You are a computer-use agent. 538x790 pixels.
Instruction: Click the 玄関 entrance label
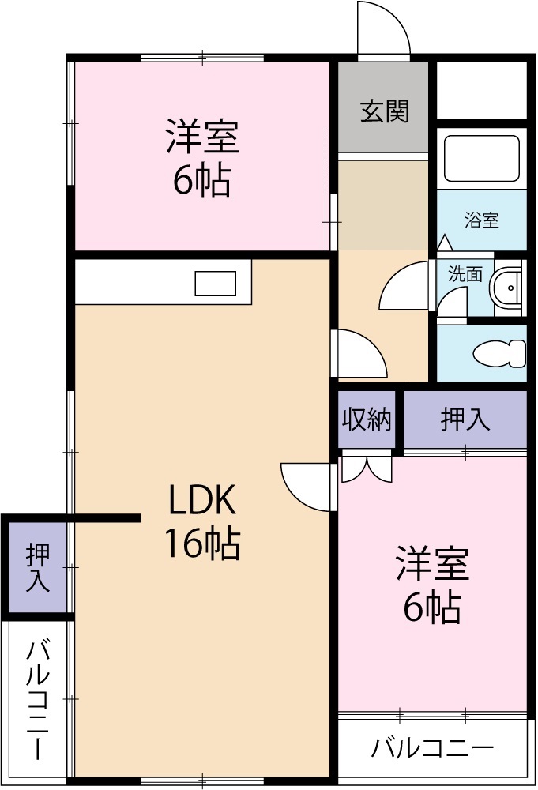coord(385,111)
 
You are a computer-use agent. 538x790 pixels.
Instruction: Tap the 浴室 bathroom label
coord(481,220)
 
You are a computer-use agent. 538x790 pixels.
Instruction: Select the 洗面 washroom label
coord(465,274)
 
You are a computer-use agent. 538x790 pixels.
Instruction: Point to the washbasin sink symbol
coord(506,288)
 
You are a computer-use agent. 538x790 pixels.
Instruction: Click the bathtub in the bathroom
coord(480,158)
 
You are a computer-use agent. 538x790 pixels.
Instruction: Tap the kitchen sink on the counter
coord(215,282)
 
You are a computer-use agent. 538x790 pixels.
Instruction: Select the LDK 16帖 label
coord(201,521)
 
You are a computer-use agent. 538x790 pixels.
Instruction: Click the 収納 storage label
coord(367,419)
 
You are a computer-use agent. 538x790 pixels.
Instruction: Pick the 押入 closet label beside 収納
coord(465,419)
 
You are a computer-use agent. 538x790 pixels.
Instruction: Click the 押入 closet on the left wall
coord(38,566)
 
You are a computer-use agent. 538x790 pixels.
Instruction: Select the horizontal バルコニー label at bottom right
coord(433,747)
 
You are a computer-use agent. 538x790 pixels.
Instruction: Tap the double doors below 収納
coord(366,468)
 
